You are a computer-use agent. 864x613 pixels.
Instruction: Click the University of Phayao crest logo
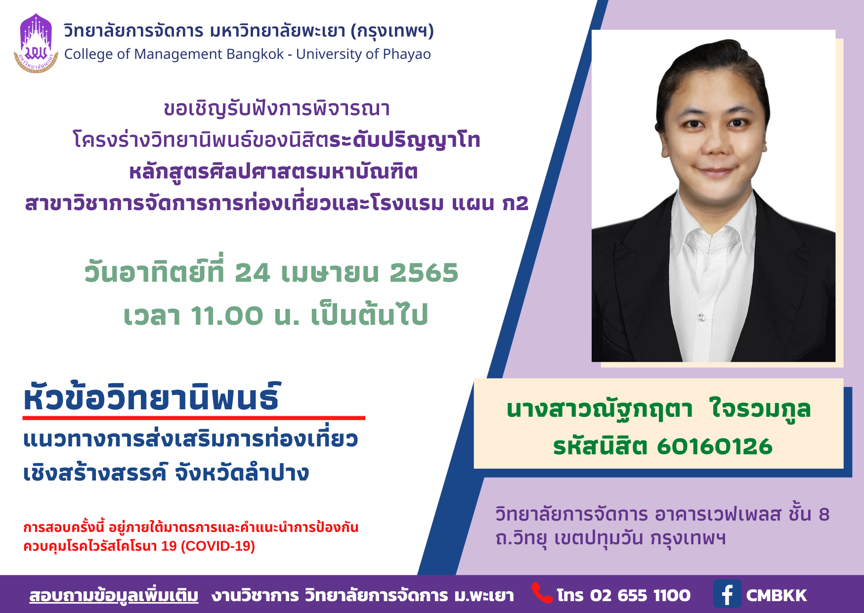tap(36, 44)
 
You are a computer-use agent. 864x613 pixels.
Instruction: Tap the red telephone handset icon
tap(542, 593)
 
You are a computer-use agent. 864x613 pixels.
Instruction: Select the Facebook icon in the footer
tap(727, 594)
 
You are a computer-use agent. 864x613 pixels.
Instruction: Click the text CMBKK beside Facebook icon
tap(777, 595)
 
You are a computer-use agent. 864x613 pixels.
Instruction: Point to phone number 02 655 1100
tap(640, 595)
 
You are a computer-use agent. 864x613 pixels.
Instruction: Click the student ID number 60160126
tap(715, 446)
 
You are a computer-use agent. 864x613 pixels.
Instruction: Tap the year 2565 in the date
tap(424, 273)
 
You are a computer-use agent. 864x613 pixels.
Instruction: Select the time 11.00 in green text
tap(227, 316)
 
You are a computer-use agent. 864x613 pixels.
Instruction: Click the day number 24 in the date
tap(253, 273)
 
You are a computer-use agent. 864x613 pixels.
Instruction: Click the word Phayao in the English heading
tap(407, 54)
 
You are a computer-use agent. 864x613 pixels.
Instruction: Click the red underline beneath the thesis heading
tap(194, 418)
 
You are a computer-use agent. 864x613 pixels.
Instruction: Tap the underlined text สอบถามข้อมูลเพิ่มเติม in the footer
tap(114, 595)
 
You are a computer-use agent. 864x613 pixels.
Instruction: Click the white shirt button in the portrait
tap(701, 316)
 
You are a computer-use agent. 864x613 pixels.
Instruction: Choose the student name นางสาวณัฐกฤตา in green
tap(600, 410)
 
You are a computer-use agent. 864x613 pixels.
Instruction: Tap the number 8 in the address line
tap(824, 515)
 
